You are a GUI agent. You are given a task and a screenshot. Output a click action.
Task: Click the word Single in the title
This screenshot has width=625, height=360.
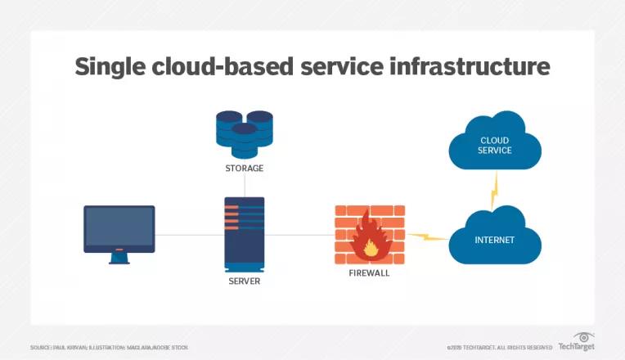coord(111,66)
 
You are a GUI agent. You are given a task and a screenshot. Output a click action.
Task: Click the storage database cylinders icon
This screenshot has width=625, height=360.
coord(245,133)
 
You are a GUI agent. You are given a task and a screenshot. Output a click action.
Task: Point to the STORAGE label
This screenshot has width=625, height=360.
coord(245,169)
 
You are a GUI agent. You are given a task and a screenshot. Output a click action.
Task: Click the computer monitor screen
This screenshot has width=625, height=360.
coord(119,228)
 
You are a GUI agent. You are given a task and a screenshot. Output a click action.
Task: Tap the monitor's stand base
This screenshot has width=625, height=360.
coord(119,260)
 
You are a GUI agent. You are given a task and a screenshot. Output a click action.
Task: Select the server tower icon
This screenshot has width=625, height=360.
coord(245,234)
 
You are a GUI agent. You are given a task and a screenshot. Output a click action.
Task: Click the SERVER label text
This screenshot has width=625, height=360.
coord(245,281)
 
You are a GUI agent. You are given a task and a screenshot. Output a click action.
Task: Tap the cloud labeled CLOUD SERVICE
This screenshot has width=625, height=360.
coord(494,146)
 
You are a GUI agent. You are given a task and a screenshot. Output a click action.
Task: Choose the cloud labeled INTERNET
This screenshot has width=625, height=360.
coord(496,238)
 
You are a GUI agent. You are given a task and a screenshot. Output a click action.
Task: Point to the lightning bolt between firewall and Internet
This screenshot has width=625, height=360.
coord(428,238)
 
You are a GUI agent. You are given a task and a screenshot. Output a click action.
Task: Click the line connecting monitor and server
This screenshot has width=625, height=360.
coord(189,235)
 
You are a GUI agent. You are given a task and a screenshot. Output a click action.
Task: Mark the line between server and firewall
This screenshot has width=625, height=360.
coord(299,235)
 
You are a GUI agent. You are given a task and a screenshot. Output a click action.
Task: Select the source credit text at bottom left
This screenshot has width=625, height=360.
coord(109,348)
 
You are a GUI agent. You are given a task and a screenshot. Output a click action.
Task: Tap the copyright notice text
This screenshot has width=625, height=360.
coord(500,348)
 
